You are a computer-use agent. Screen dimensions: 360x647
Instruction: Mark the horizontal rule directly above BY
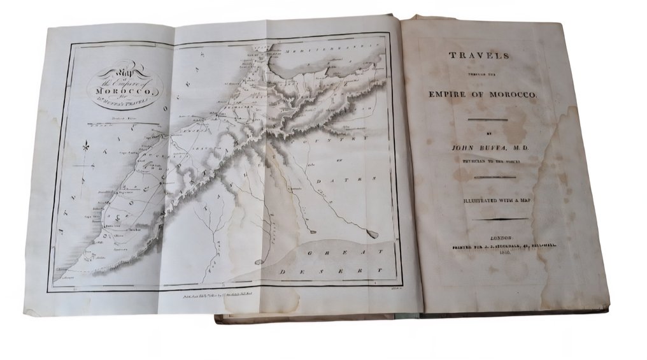pos(488,120)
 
